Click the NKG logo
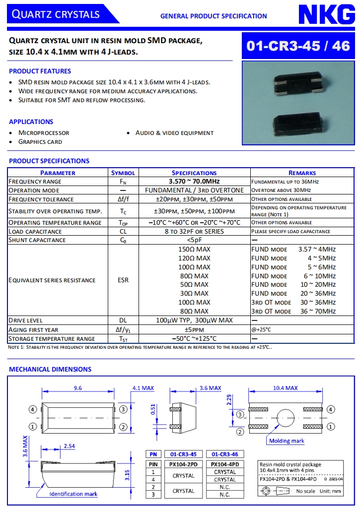[326, 14]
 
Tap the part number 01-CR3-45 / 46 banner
[298, 46]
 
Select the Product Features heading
[40, 71]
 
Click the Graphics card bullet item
[40, 142]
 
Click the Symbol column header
[123, 173]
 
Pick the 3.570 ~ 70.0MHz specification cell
[194, 182]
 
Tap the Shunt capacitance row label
[37, 240]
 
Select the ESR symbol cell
[123, 280]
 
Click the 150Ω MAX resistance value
[194, 249]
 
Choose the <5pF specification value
[194, 240]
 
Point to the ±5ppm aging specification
[194, 329]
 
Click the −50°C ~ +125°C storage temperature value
[194, 339]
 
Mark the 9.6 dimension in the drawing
[78, 388]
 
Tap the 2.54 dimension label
[69, 446]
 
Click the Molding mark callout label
[287, 441]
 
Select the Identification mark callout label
[73, 494]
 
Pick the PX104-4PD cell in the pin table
[225, 464]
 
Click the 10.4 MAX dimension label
[286, 388]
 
